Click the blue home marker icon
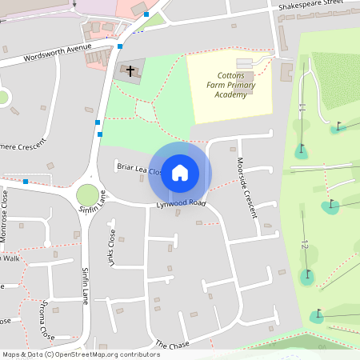pyautogui.click(x=180, y=173)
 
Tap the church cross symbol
pyautogui.click(x=130, y=71)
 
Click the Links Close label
pyautogui.click(x=112, y=248)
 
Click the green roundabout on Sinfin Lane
pyautogui.click(x=87, y=194)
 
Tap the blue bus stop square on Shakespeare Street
pyautogui.click(x=146, y=14)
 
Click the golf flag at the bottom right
pyautogui.click(x=318, y=313)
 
